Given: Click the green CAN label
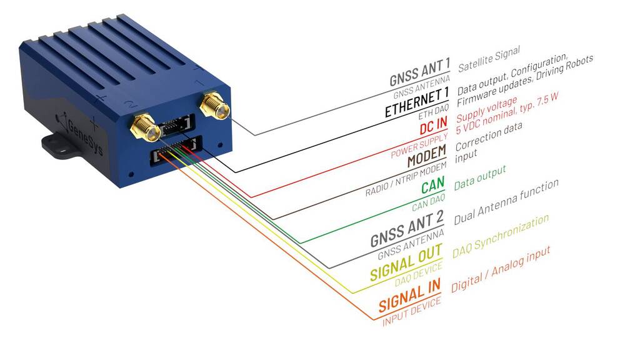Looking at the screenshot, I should pos(432,186).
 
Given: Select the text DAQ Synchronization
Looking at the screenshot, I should pos(501,237).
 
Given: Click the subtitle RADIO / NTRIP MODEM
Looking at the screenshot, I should pos(407,180).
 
